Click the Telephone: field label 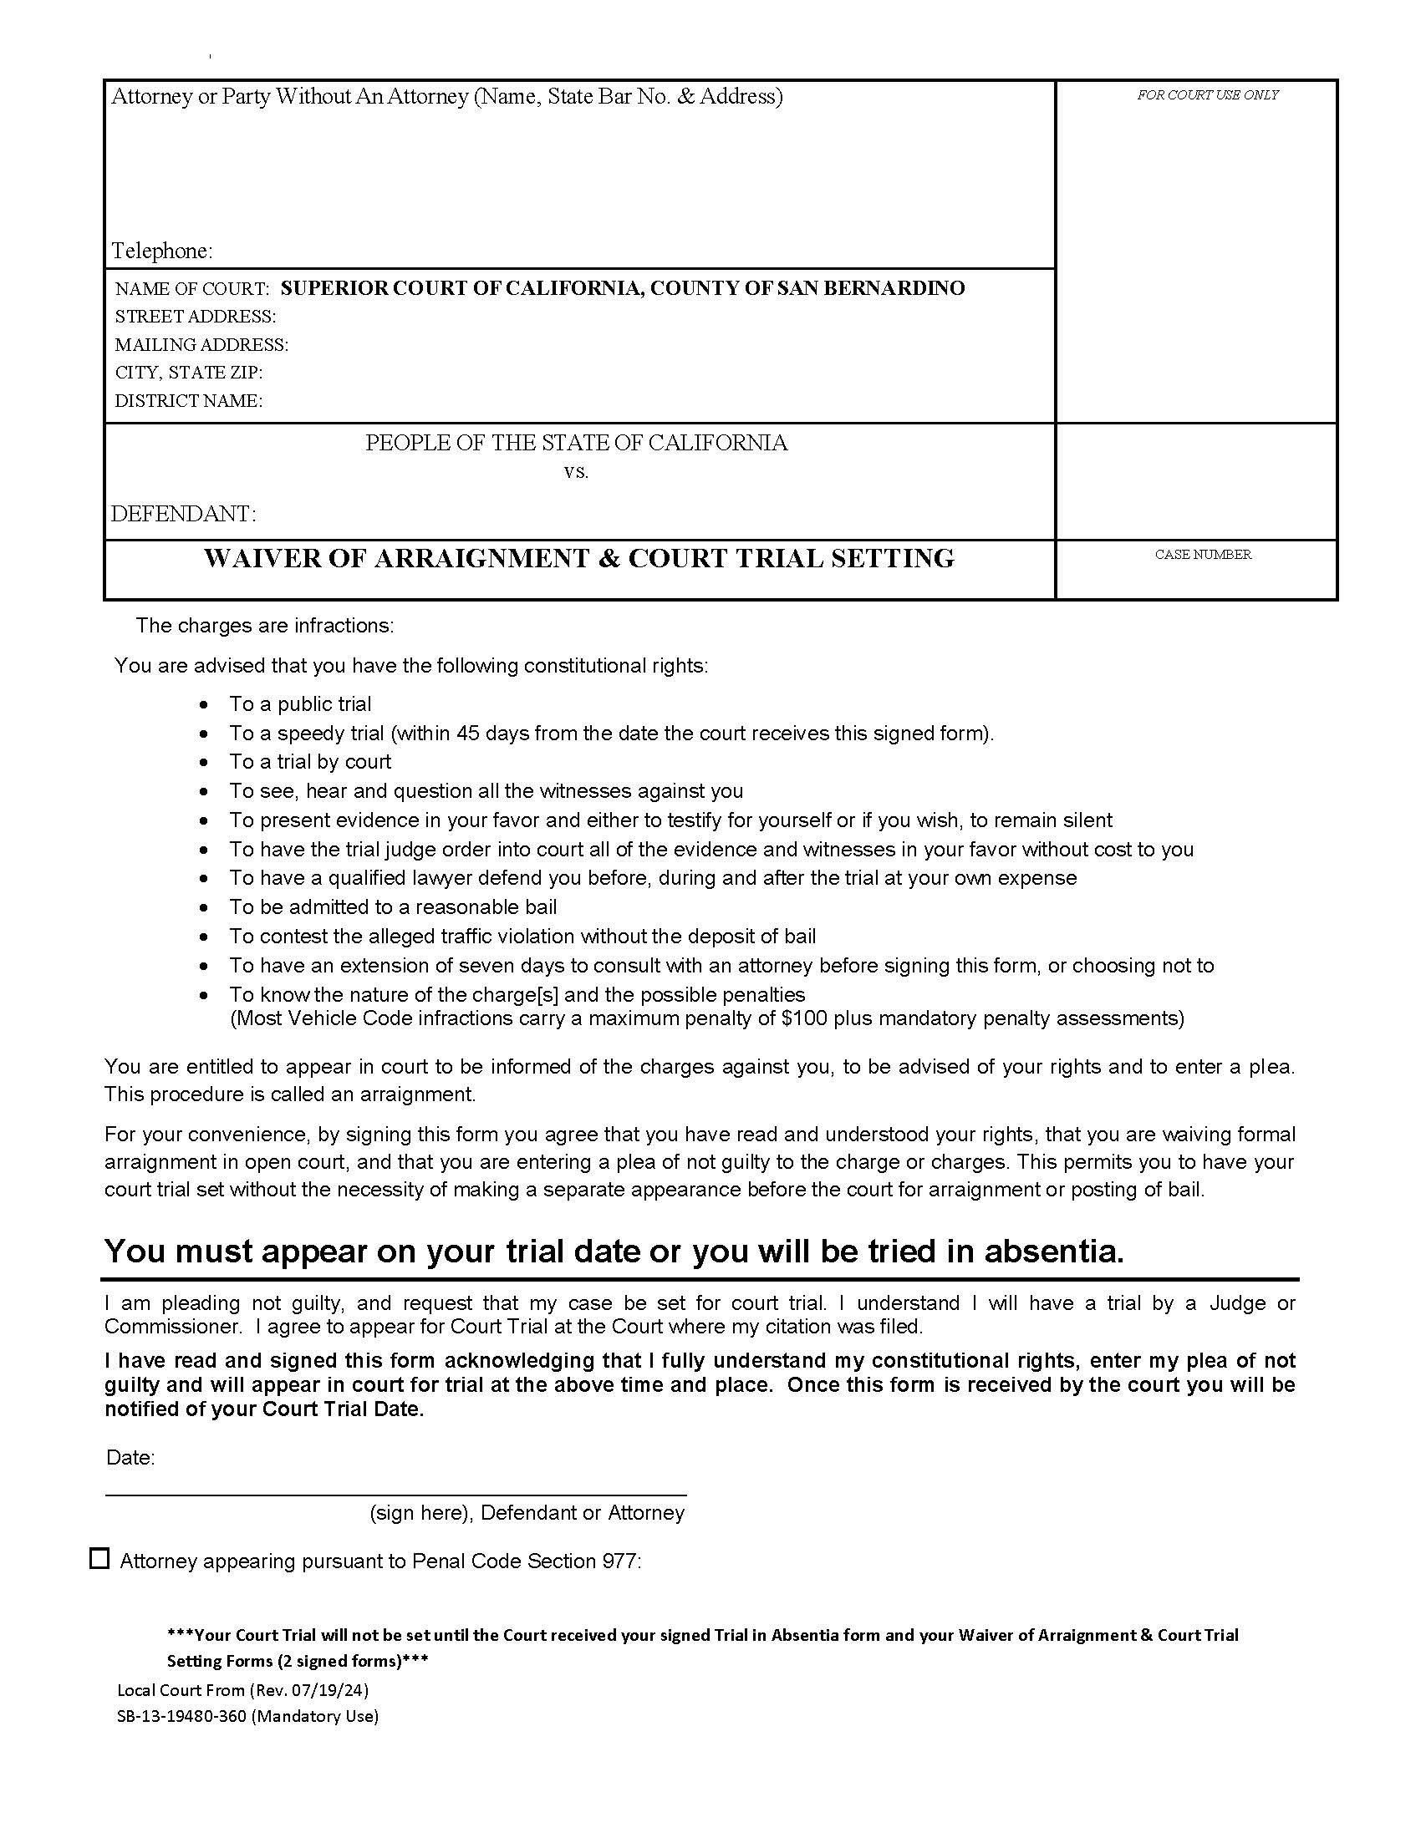161,251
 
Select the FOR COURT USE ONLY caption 1207,95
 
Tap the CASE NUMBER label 1202,555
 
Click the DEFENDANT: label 184,513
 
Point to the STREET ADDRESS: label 196,317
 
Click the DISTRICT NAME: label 189,400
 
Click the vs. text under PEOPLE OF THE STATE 576,472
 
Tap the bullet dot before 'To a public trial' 204,704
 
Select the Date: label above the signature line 130,1458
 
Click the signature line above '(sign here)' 395,1495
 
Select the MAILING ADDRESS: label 201,345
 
